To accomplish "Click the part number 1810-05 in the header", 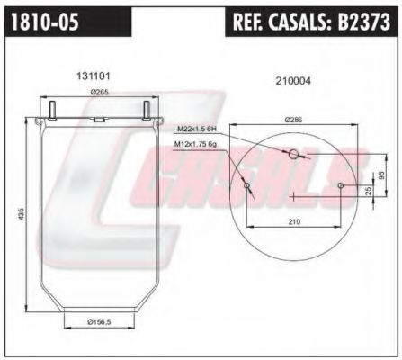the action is [x=45, y=22].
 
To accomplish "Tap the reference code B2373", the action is [x=364, y=22].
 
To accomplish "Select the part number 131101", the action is [x=94, y=76].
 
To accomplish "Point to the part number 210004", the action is [x=293, y=81].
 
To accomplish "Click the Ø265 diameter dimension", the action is [x=99, y=93].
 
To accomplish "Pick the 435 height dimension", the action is [x=21, y=213].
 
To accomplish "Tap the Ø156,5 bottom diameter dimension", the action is [x=99, y=322].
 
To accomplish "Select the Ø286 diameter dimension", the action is [x=294, y=120].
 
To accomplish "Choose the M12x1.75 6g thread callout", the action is [x=195, y=145].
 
